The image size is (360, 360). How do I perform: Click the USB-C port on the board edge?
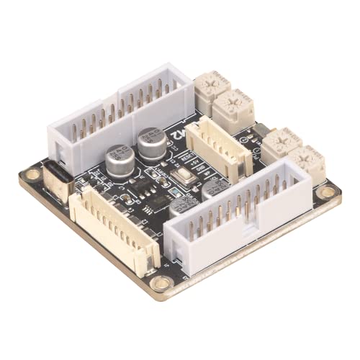click(60, 180)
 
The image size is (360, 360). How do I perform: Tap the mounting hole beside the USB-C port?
click(32, 174)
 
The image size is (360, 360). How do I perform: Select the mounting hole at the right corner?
click(327, 192)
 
